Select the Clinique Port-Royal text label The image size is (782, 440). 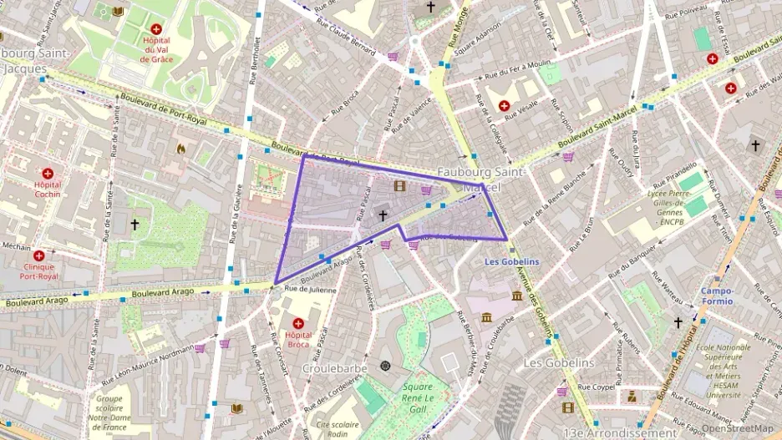(x=38, y=271)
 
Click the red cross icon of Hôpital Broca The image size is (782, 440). (x=298, y=322)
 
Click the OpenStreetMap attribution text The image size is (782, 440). (x=739, y=428)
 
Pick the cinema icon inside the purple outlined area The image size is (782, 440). (x=400, y=185)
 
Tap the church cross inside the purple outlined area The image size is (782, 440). (x=383, y=215)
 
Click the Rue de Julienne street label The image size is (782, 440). (x=310, y=290)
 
